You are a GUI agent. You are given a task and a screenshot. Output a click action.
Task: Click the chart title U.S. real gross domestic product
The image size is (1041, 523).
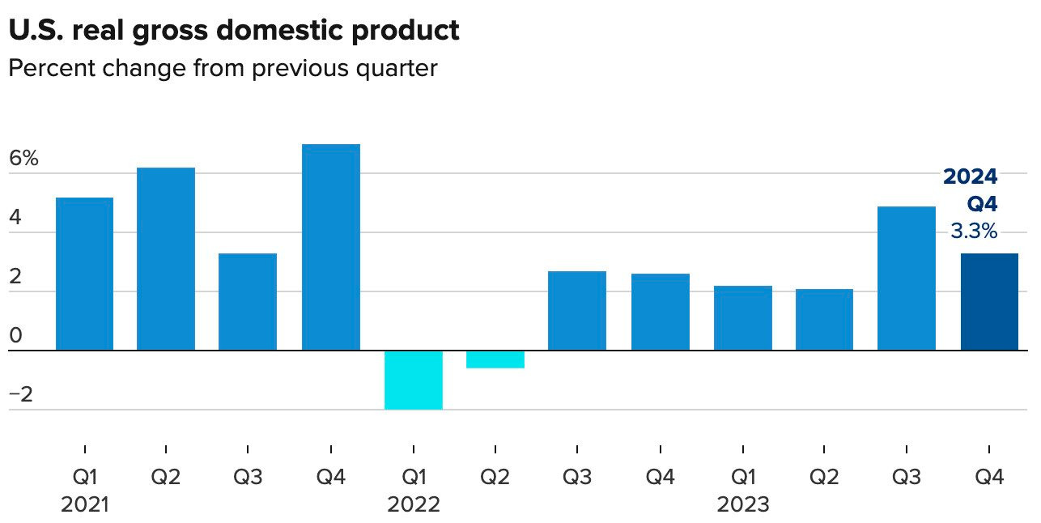(x=233, y=30)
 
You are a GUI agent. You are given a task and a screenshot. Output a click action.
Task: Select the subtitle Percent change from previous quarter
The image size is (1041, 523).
(x=223, y=68)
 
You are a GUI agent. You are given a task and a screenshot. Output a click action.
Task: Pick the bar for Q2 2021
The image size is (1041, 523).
(x=166, y=259)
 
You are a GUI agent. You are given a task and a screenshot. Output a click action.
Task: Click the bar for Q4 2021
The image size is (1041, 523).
(x=331, y=247)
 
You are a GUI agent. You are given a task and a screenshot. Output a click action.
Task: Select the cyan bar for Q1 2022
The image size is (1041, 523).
(x=414, y=380)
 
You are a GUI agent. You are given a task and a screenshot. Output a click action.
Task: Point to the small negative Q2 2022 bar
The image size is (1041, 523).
(x=495, y=359)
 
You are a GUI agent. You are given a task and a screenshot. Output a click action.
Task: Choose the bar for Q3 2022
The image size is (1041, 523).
(x=577, y=311)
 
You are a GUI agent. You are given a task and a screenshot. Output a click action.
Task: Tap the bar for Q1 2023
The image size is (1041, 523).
(x=743, y=318)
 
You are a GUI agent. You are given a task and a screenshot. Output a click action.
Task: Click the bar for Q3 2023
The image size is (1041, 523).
(x=907, y=279)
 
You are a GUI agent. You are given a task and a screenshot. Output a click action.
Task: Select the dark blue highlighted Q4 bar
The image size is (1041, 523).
(x=989, y=302)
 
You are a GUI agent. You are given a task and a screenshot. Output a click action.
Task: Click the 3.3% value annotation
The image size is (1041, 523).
(x=973, y=232)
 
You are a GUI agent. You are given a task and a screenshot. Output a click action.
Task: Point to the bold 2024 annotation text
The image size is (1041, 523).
(x=971, y=177)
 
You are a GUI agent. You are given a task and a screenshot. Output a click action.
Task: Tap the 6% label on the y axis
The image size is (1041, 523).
(x=23, y=159)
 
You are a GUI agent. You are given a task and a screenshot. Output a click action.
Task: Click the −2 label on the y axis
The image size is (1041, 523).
(x=22, y=395)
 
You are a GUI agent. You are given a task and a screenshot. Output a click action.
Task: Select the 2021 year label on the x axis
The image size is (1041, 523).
(x=84, y=505)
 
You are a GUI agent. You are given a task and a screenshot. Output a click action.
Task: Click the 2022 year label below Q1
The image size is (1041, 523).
(x=414, y=505)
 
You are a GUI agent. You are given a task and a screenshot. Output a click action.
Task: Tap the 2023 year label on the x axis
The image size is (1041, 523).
(x=743, y=505)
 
